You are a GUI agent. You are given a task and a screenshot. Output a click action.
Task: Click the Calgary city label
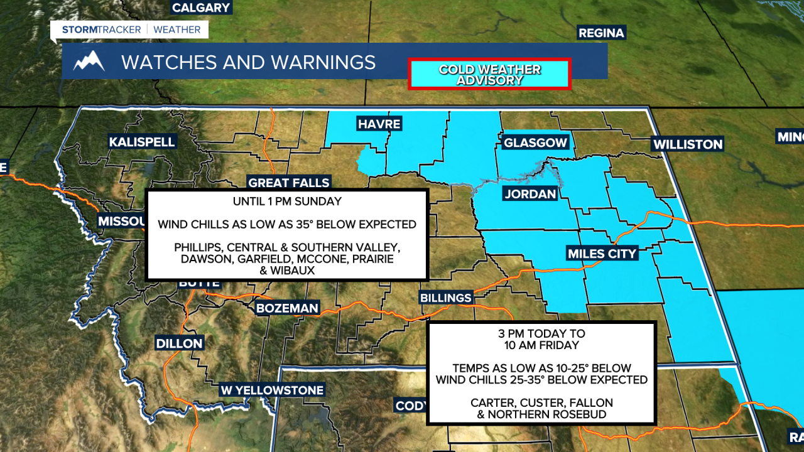(x=201, y=8)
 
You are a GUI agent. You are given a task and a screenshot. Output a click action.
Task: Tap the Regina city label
(x=601, y=33)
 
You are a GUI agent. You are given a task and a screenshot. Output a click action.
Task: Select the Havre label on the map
(x=379, y=124)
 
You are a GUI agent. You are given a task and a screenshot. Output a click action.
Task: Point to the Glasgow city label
(x=535, y=143)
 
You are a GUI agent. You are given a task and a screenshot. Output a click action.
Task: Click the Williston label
(x=688, y=144)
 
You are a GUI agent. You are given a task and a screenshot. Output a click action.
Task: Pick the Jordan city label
(x=530, y=194)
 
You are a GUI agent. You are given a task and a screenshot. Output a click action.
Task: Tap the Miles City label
(x=602, y=254)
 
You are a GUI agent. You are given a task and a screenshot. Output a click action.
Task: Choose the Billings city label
(x=446, y=298)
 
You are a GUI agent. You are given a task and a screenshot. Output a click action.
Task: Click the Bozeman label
(x=288, y=308)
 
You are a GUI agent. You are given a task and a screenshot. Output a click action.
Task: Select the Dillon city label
(x=180, y=343)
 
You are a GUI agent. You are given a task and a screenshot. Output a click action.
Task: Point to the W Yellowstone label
(x=272, y=390)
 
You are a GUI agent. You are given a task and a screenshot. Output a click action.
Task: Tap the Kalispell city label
(x=142, y=142)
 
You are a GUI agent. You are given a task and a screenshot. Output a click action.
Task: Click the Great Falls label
(x=289, y=183)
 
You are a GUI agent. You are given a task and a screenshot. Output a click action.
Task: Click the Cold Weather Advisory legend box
(x=489, y=75)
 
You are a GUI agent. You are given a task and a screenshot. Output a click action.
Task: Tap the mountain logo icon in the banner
(x=89, y=62)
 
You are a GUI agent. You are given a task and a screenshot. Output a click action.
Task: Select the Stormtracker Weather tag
(x=131, y=30)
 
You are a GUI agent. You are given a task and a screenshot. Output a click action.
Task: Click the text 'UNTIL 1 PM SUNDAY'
(x=287, y=202)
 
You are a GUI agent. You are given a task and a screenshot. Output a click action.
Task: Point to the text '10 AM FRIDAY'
(x=541, y=345)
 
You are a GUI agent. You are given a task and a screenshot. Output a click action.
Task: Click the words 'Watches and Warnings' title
(x=248, y=62)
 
